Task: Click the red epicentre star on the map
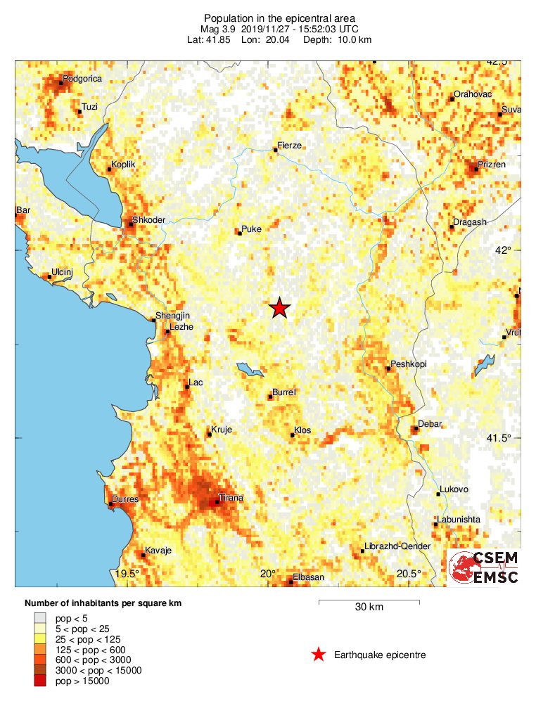point(280,308)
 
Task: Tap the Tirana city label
point(231,498)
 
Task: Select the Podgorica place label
point(82,79)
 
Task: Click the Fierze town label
point(290,146)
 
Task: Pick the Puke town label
point(251,229)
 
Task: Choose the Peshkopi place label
point(409,364)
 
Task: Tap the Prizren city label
point(492,165)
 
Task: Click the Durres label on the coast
point(125,500)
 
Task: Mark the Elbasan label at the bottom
point(308,577)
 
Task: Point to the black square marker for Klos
point(293,435)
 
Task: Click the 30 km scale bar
point(369,602)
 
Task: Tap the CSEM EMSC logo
point(485,567)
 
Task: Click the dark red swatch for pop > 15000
point(40,680)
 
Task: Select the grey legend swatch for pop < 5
point(40,617)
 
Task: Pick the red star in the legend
point(319,655)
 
